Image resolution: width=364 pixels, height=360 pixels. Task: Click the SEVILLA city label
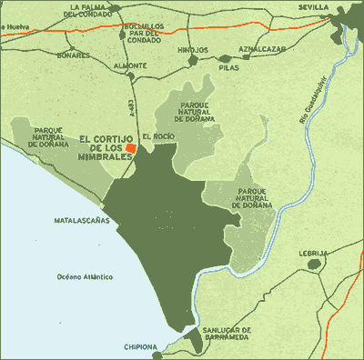coord(312,5)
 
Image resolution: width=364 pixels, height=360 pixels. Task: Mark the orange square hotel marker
coord(131,147)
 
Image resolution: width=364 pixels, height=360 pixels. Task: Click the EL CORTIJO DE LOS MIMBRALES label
coord(105,146)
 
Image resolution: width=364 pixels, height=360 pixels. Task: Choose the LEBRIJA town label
coord(312,254)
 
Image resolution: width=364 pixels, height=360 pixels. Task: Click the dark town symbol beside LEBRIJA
coord(314,265)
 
